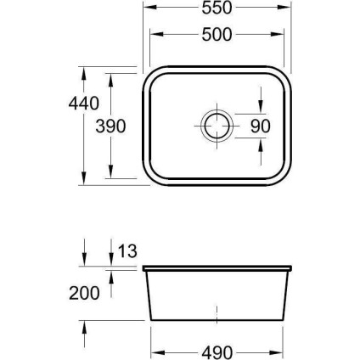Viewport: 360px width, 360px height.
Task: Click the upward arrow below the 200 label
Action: pos(85,323)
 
